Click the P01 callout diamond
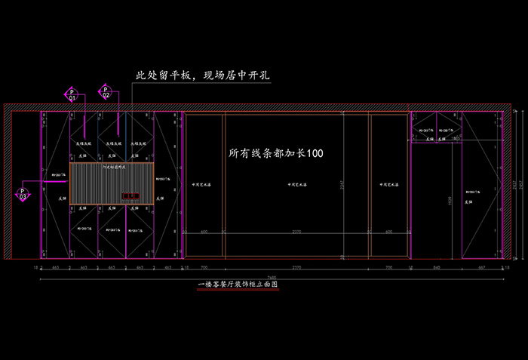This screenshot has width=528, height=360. click(72, 94)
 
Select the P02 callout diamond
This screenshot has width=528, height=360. click(106, 94)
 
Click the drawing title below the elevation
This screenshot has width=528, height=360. click(238, 285)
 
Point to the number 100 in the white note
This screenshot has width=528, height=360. click(315, 153)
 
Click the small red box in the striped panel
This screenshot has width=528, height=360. click(132, 197)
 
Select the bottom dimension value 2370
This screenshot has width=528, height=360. click(296, 267)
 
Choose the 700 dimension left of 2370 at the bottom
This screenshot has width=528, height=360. click(204, 267)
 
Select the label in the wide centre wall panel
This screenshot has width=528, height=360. click(296, 184)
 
